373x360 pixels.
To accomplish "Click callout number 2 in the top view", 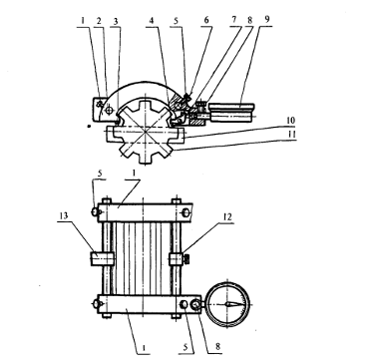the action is tap(99, 21).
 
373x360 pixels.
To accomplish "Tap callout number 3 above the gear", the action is tap(115, 22).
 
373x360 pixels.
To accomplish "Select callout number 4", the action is tap(152, 21).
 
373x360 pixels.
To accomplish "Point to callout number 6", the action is tap(206, 20).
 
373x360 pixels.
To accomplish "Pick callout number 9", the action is tap(266, 20).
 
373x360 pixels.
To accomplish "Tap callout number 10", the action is tap(290, 121).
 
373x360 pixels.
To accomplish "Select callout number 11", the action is tap(290, 134).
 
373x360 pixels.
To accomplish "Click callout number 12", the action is tap(226, 217).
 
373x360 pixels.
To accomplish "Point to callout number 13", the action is tap(64, 215).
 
